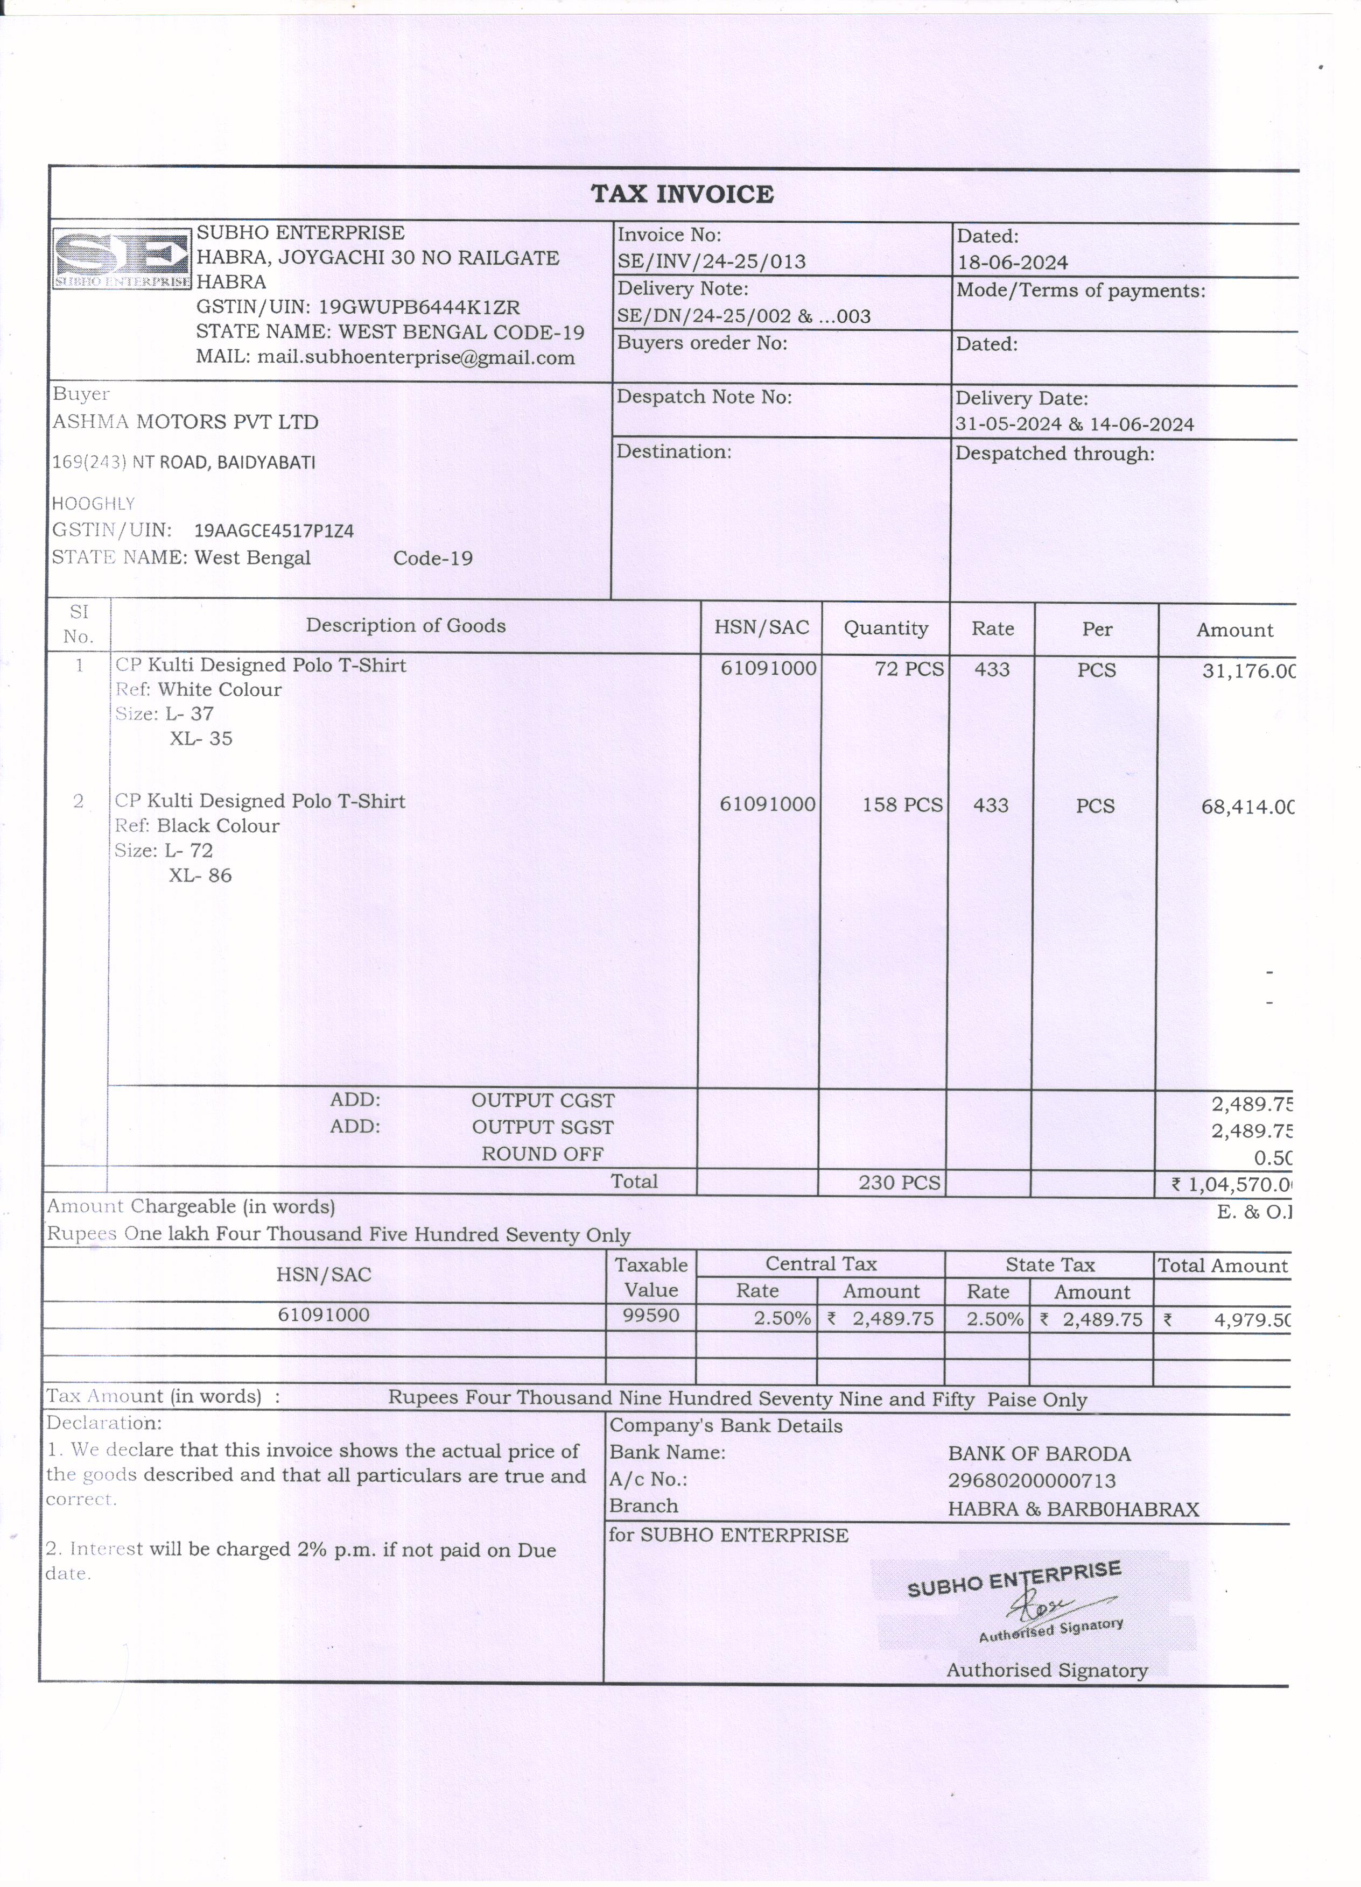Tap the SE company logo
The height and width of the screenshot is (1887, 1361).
click(x=122, y=259)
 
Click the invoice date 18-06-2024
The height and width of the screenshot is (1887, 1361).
click(x=1012, y=263)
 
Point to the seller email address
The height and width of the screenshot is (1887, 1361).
click(x=416, y=358)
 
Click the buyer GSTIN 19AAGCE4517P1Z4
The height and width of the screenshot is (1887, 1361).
click(x=274, y=531)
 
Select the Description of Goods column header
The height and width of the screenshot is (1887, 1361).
click(x=405, y=626)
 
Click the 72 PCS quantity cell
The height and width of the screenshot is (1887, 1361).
click(x=908, y=669)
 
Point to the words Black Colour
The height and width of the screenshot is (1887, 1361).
click(x=218, y=825)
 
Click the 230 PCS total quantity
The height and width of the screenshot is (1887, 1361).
click(x=899, y=1182)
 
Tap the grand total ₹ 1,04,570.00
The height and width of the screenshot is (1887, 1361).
click(x=1232, y=1184)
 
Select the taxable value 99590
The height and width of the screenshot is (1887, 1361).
click(x=651, y=1316)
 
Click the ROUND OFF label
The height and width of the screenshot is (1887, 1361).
click(x=542, y=1154)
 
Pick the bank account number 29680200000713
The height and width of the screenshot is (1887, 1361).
click(x=1032, y=1480)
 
